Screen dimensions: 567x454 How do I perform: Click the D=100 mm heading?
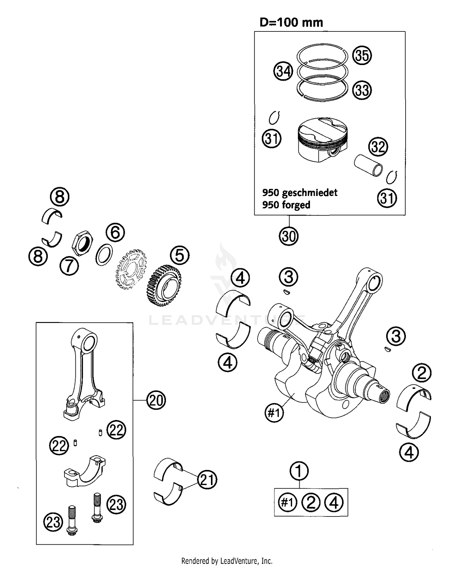click(x=291, y=23)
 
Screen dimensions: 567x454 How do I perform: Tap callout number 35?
click(x=362, y=56)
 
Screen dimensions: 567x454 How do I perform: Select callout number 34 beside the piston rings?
click(x=283, y=72)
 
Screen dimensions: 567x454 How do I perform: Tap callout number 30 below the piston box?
click(x=288, y=236)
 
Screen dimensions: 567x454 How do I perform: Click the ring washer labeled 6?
click(x=104, y=255)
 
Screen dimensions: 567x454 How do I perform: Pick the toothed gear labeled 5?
click(x=164, y=285)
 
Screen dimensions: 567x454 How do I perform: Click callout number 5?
click(x=179, y=255)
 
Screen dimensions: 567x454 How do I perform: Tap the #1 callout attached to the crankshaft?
click(x=274, y=412)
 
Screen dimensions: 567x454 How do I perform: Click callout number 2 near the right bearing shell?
click(x=422, y=373)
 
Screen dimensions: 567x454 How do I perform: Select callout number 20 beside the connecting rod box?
click(x=156, y=400)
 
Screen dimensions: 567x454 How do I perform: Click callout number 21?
click(x=207, y=480)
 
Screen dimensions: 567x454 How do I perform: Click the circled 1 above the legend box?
click(x=299, y=471)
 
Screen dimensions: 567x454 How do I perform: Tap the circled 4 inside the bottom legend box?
click(x=334, y=503)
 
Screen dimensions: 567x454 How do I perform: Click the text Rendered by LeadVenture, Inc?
click(x=227, y=561)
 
